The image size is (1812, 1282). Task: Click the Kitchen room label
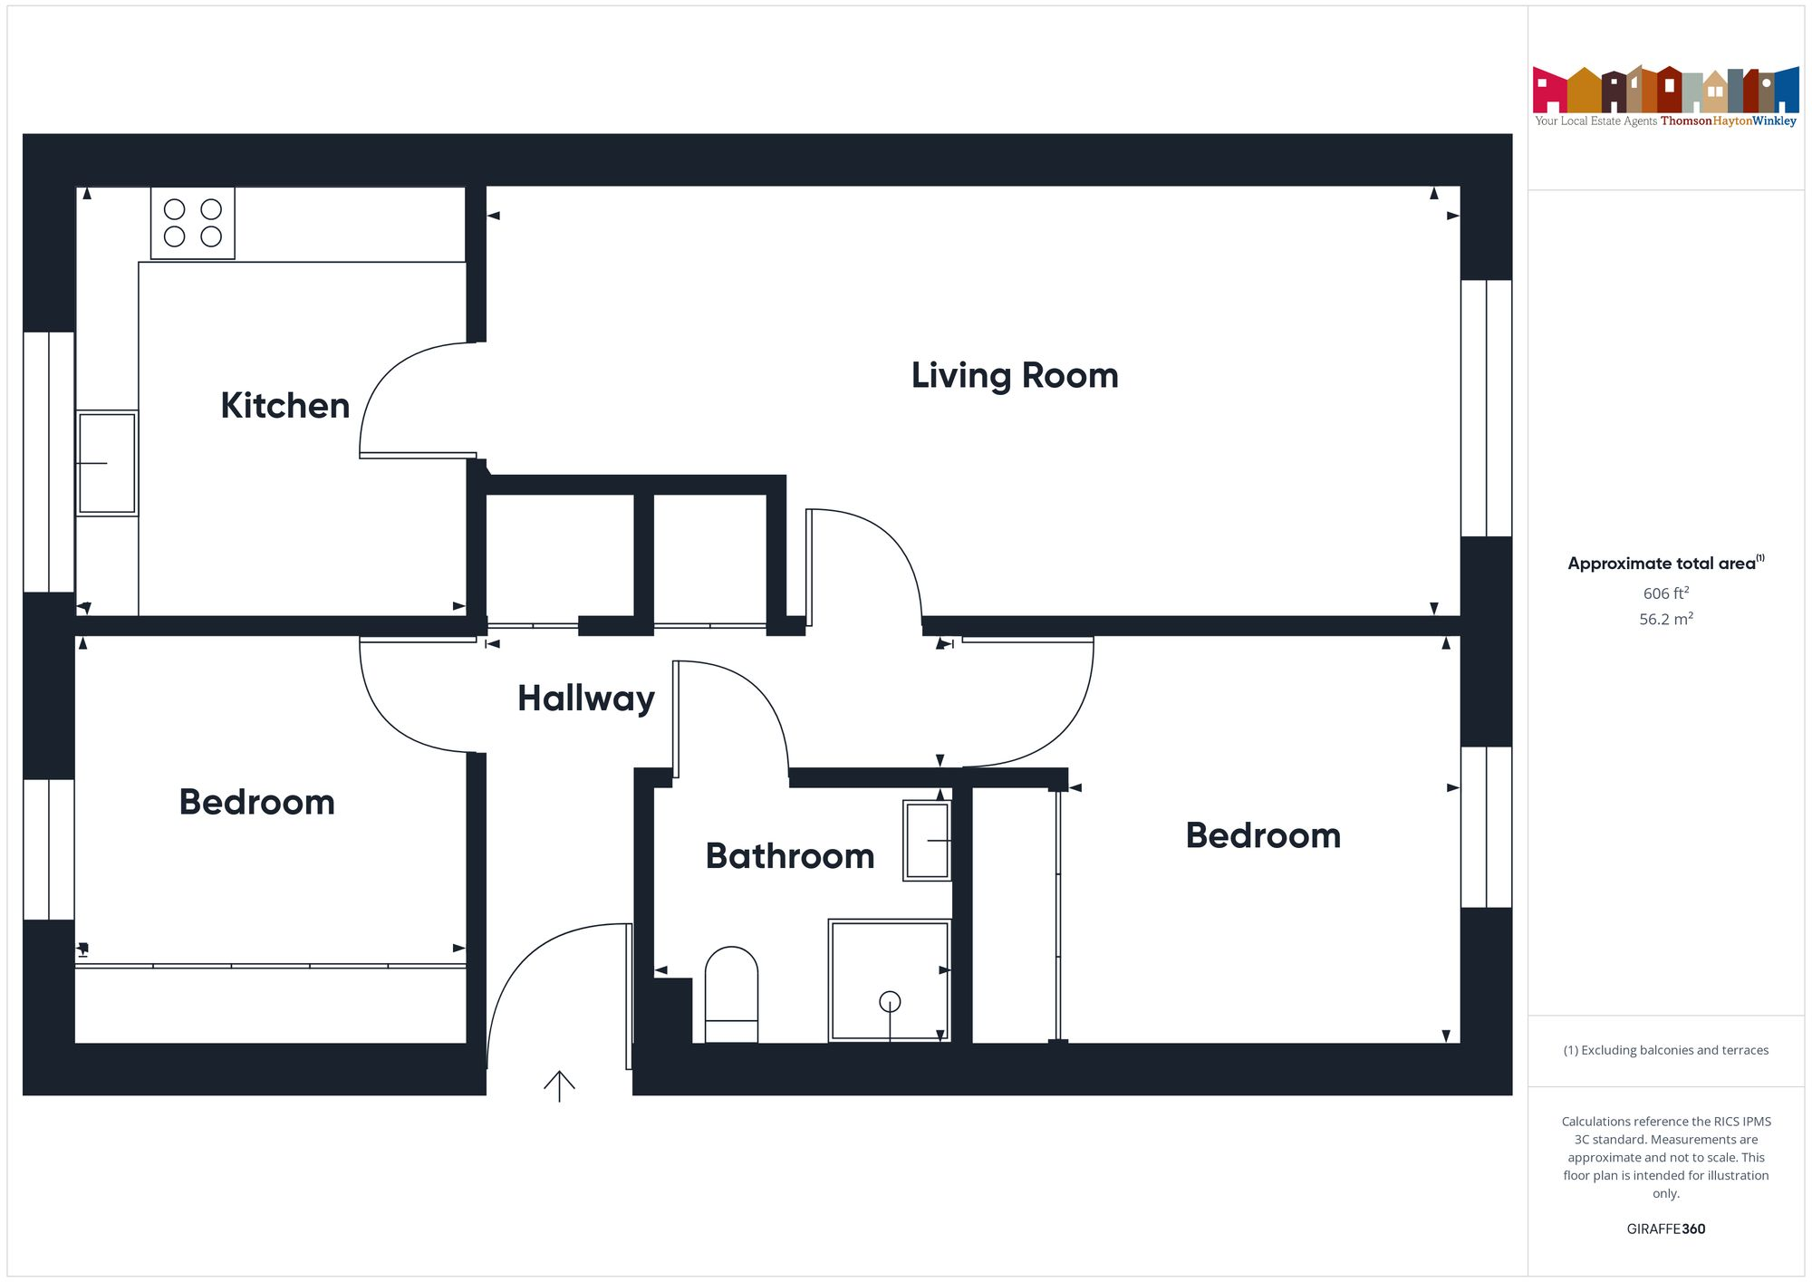(x=284, y=406)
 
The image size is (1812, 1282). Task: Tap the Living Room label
(x=1015, y=376)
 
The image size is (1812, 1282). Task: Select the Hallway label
(x=585, y=699)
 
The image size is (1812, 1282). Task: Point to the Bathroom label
(x=790, y=856)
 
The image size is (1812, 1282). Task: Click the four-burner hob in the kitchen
(x=193, y=223)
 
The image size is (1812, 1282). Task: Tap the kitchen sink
(x=107, y=463)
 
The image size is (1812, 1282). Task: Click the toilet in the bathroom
(x=731, y=994)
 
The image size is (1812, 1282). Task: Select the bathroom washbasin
(x=927, y=840)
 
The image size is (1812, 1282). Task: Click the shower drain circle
(x=890, y=1001)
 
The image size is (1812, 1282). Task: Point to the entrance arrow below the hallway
(x=559, y=1085)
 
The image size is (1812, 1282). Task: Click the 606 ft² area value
(x=1665, y=593)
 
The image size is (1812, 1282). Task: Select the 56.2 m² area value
(x=1665, y=620)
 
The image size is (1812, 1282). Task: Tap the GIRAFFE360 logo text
(x=1665, y=1229)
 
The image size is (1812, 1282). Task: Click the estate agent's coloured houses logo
(x=1665, y=91)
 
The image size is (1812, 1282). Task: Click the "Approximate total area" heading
(x=1662, y=564)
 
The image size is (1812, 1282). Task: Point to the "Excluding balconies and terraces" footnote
(x=1665, y=1050)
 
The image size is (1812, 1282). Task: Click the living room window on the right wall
(x=1486, y=408)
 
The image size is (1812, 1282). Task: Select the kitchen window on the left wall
(x=49, y=462)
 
